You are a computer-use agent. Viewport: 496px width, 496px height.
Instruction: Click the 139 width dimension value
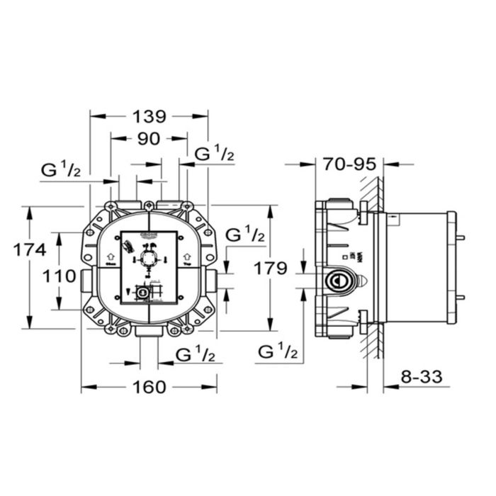click(150, 116)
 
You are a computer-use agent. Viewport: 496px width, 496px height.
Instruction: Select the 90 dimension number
click(148, 139)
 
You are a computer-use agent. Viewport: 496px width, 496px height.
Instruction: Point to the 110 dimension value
click(60, 276)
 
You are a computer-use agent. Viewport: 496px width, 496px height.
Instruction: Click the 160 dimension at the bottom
click(150, 387)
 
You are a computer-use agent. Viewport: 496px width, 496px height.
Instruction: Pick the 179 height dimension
click(272, 268)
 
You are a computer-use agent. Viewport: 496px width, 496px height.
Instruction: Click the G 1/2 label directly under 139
click(214, 153)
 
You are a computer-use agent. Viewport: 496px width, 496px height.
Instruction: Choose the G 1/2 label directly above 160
click(195, 354)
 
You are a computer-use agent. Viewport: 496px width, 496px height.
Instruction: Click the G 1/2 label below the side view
click(278, 350)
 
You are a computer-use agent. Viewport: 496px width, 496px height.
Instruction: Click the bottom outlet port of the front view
click(149, 332)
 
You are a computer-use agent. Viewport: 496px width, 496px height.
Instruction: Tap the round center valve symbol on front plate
click(148, 259)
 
